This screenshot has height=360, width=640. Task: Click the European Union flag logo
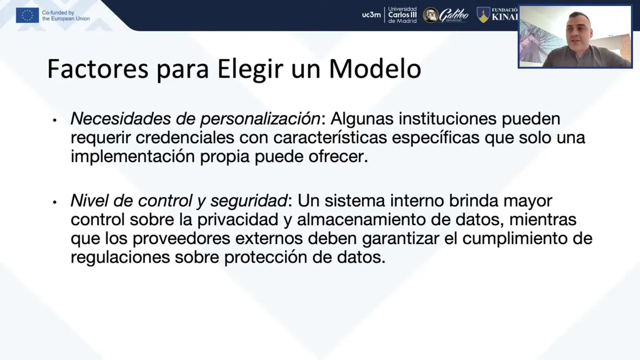(27, 15)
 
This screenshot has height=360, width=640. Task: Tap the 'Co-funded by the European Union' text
(65, 15)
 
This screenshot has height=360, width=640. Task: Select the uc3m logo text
(371, 15)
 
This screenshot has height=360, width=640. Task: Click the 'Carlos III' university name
(402, 15)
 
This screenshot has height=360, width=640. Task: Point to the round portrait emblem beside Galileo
(430, 15)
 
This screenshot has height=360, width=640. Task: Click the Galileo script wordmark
(453, 15)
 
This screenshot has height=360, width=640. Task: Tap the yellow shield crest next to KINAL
(483, 15)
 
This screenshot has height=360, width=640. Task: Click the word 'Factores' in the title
(97, 69)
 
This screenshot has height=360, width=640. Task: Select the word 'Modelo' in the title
(375, 69)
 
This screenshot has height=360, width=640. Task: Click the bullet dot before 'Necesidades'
(54, 120)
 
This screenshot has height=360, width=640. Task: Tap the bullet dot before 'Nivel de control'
(54, 202)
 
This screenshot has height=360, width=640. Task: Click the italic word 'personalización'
(260, 119)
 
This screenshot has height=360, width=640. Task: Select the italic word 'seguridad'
(248, 201)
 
